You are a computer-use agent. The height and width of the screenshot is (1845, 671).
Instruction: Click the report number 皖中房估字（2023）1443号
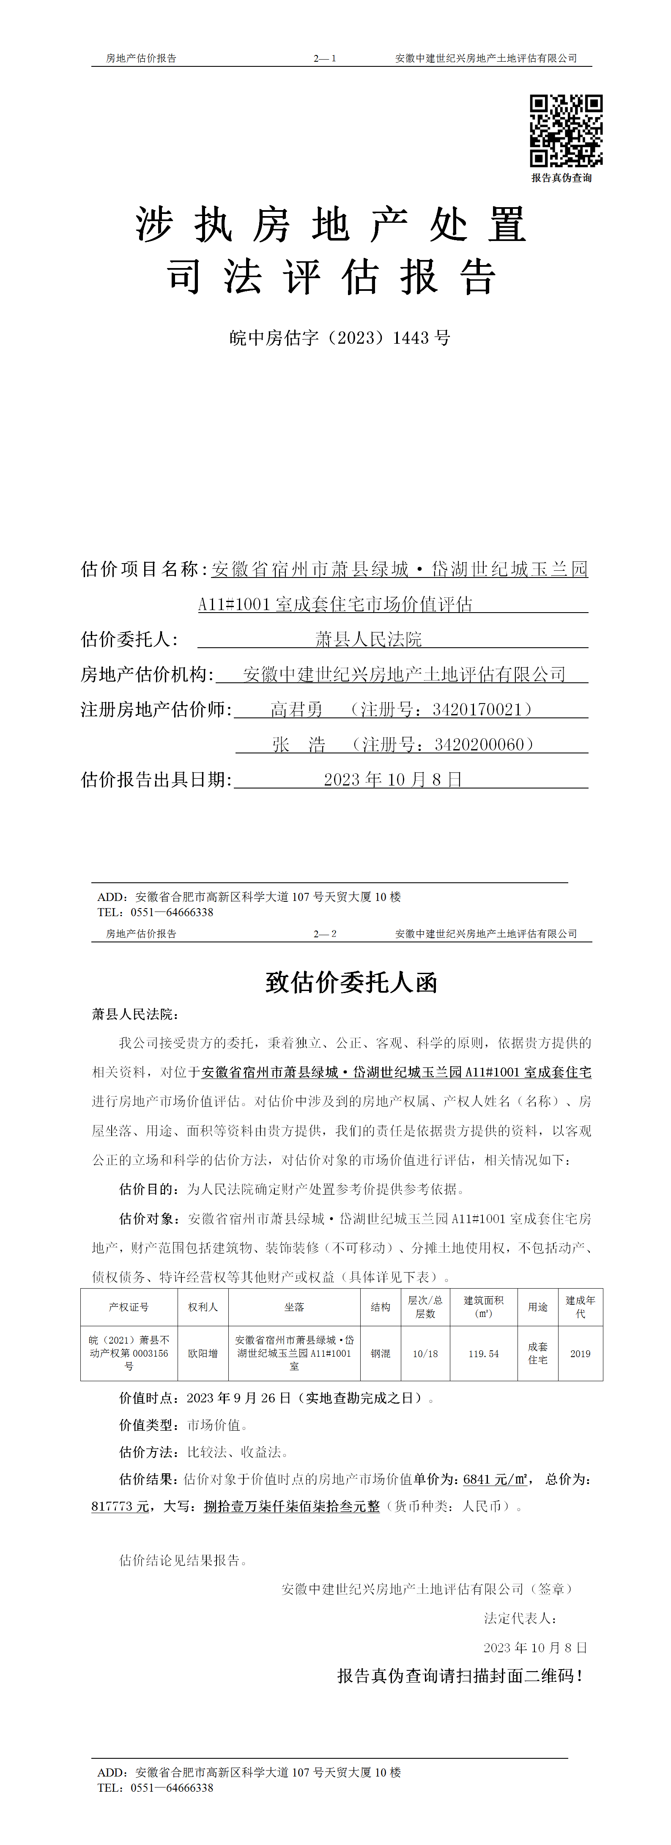[x=340, y=338]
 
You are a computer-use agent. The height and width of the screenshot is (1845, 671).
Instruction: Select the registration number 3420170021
[x=478, y=710]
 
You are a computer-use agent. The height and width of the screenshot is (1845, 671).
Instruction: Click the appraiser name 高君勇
[x=296, y=710]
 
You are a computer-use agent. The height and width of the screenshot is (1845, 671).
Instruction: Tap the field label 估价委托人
[x=129, y=639]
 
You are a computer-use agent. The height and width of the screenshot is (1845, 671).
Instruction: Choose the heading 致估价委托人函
[x=351, y=982]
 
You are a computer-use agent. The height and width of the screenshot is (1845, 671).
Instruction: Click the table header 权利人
[x=203, y=1307]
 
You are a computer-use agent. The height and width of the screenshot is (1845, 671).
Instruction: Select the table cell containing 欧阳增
[x=203, y=1354]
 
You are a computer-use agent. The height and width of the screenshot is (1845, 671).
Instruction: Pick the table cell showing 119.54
[x=483, y=1354]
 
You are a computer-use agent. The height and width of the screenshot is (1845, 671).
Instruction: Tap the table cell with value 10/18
[x=425, y=1354]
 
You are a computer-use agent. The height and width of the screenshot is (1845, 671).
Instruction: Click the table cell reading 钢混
[x=380, y=1354]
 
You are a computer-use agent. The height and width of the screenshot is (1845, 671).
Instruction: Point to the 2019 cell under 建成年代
[x=580, y=1354]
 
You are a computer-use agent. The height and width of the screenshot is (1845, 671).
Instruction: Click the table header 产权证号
[x=129, y=1307]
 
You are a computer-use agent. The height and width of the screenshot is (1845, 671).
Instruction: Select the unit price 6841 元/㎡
[x=495, y=1479]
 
